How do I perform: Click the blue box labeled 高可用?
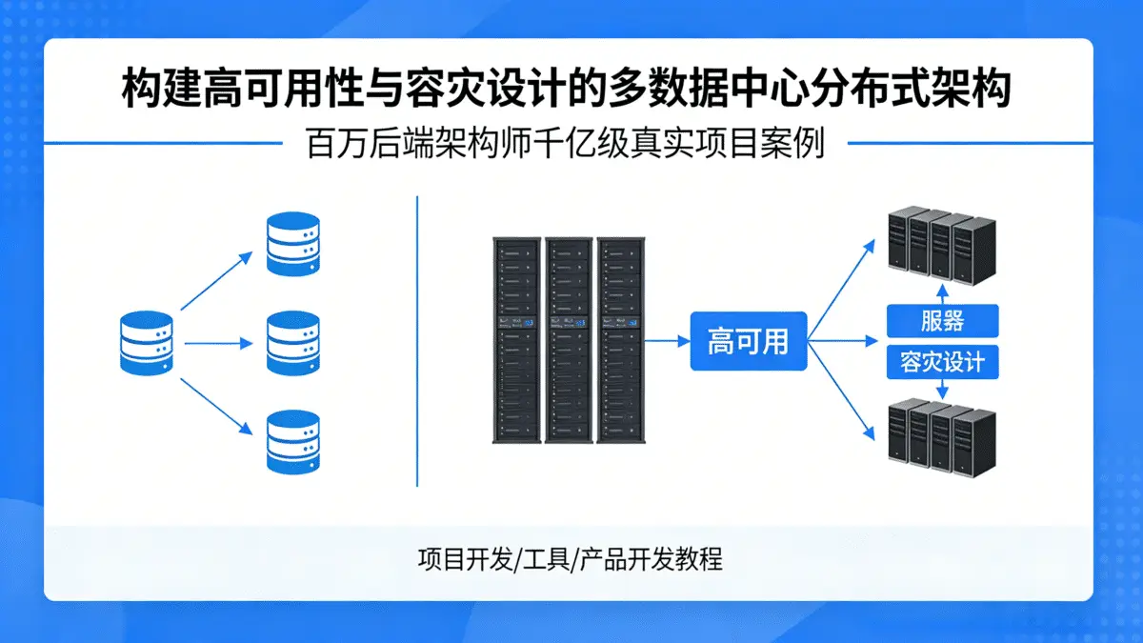click(x=748, y=341)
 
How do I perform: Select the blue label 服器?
click(x=942, y=321)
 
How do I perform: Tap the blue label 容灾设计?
click(x=942, y=362)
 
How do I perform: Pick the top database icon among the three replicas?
click(x=292, y=245)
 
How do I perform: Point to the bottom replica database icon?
click(x=292, y=442)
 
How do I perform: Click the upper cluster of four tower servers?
click(x=941, y=246)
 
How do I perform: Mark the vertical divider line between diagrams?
click(x=417, y=340)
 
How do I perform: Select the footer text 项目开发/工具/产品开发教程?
click(x=570, y=558)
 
